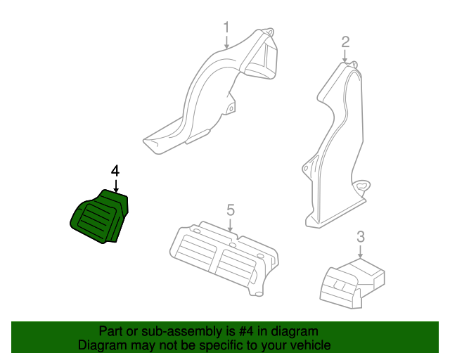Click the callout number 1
coord(226,27)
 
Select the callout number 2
coord(345,42)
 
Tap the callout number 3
coord(361,236)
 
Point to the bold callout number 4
coord(115,171)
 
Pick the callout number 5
coord(231,210)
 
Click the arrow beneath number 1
coord(226,42)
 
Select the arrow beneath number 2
coord(345,56)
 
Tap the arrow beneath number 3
coord(361,252)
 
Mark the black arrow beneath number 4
coord(116,186)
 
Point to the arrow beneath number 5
coord(230,225)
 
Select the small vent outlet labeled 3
coord(352,283)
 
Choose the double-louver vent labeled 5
coord(224,258)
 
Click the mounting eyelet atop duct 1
coord(269,32)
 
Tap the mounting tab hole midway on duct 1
coord(231,108)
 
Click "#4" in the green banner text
coord(246,332)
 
